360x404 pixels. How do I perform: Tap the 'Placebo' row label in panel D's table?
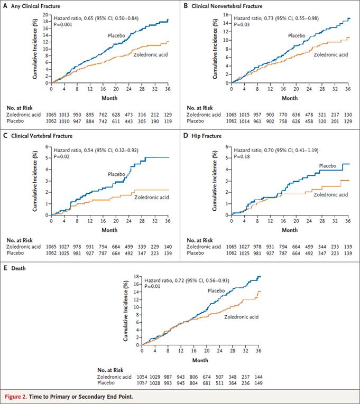(196, 253)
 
